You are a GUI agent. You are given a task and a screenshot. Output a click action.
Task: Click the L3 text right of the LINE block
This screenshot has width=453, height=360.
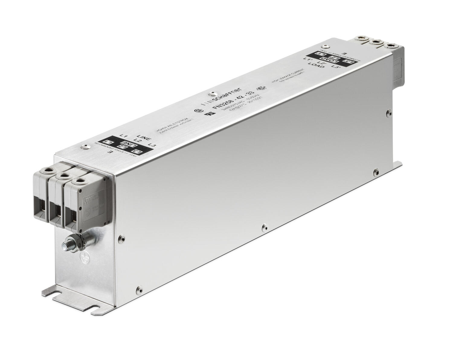[154, 145]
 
